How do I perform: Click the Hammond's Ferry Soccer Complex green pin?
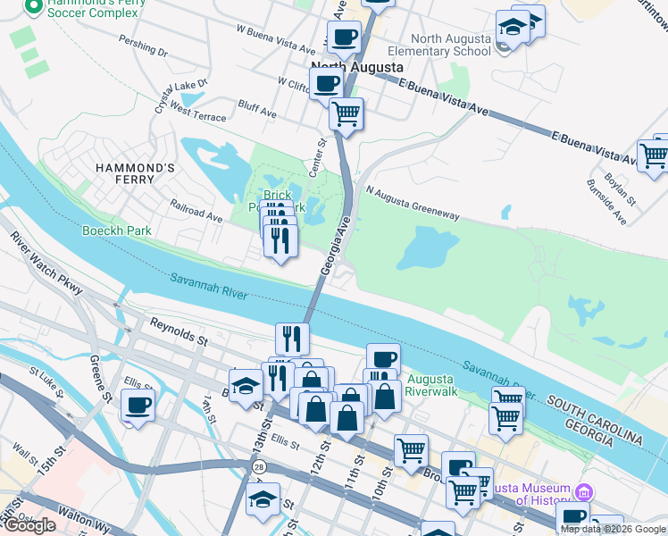coord(34,8)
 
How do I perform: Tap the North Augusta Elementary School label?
coord(451,45)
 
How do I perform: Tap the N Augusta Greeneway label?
coord(412,204)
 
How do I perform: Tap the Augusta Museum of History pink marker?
coord(584,492)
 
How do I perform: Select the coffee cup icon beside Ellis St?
coord(138,405)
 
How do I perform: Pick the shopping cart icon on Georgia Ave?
coord(346,113)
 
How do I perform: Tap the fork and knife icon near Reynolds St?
coord(292,338)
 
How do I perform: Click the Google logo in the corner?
coord(29,525)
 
